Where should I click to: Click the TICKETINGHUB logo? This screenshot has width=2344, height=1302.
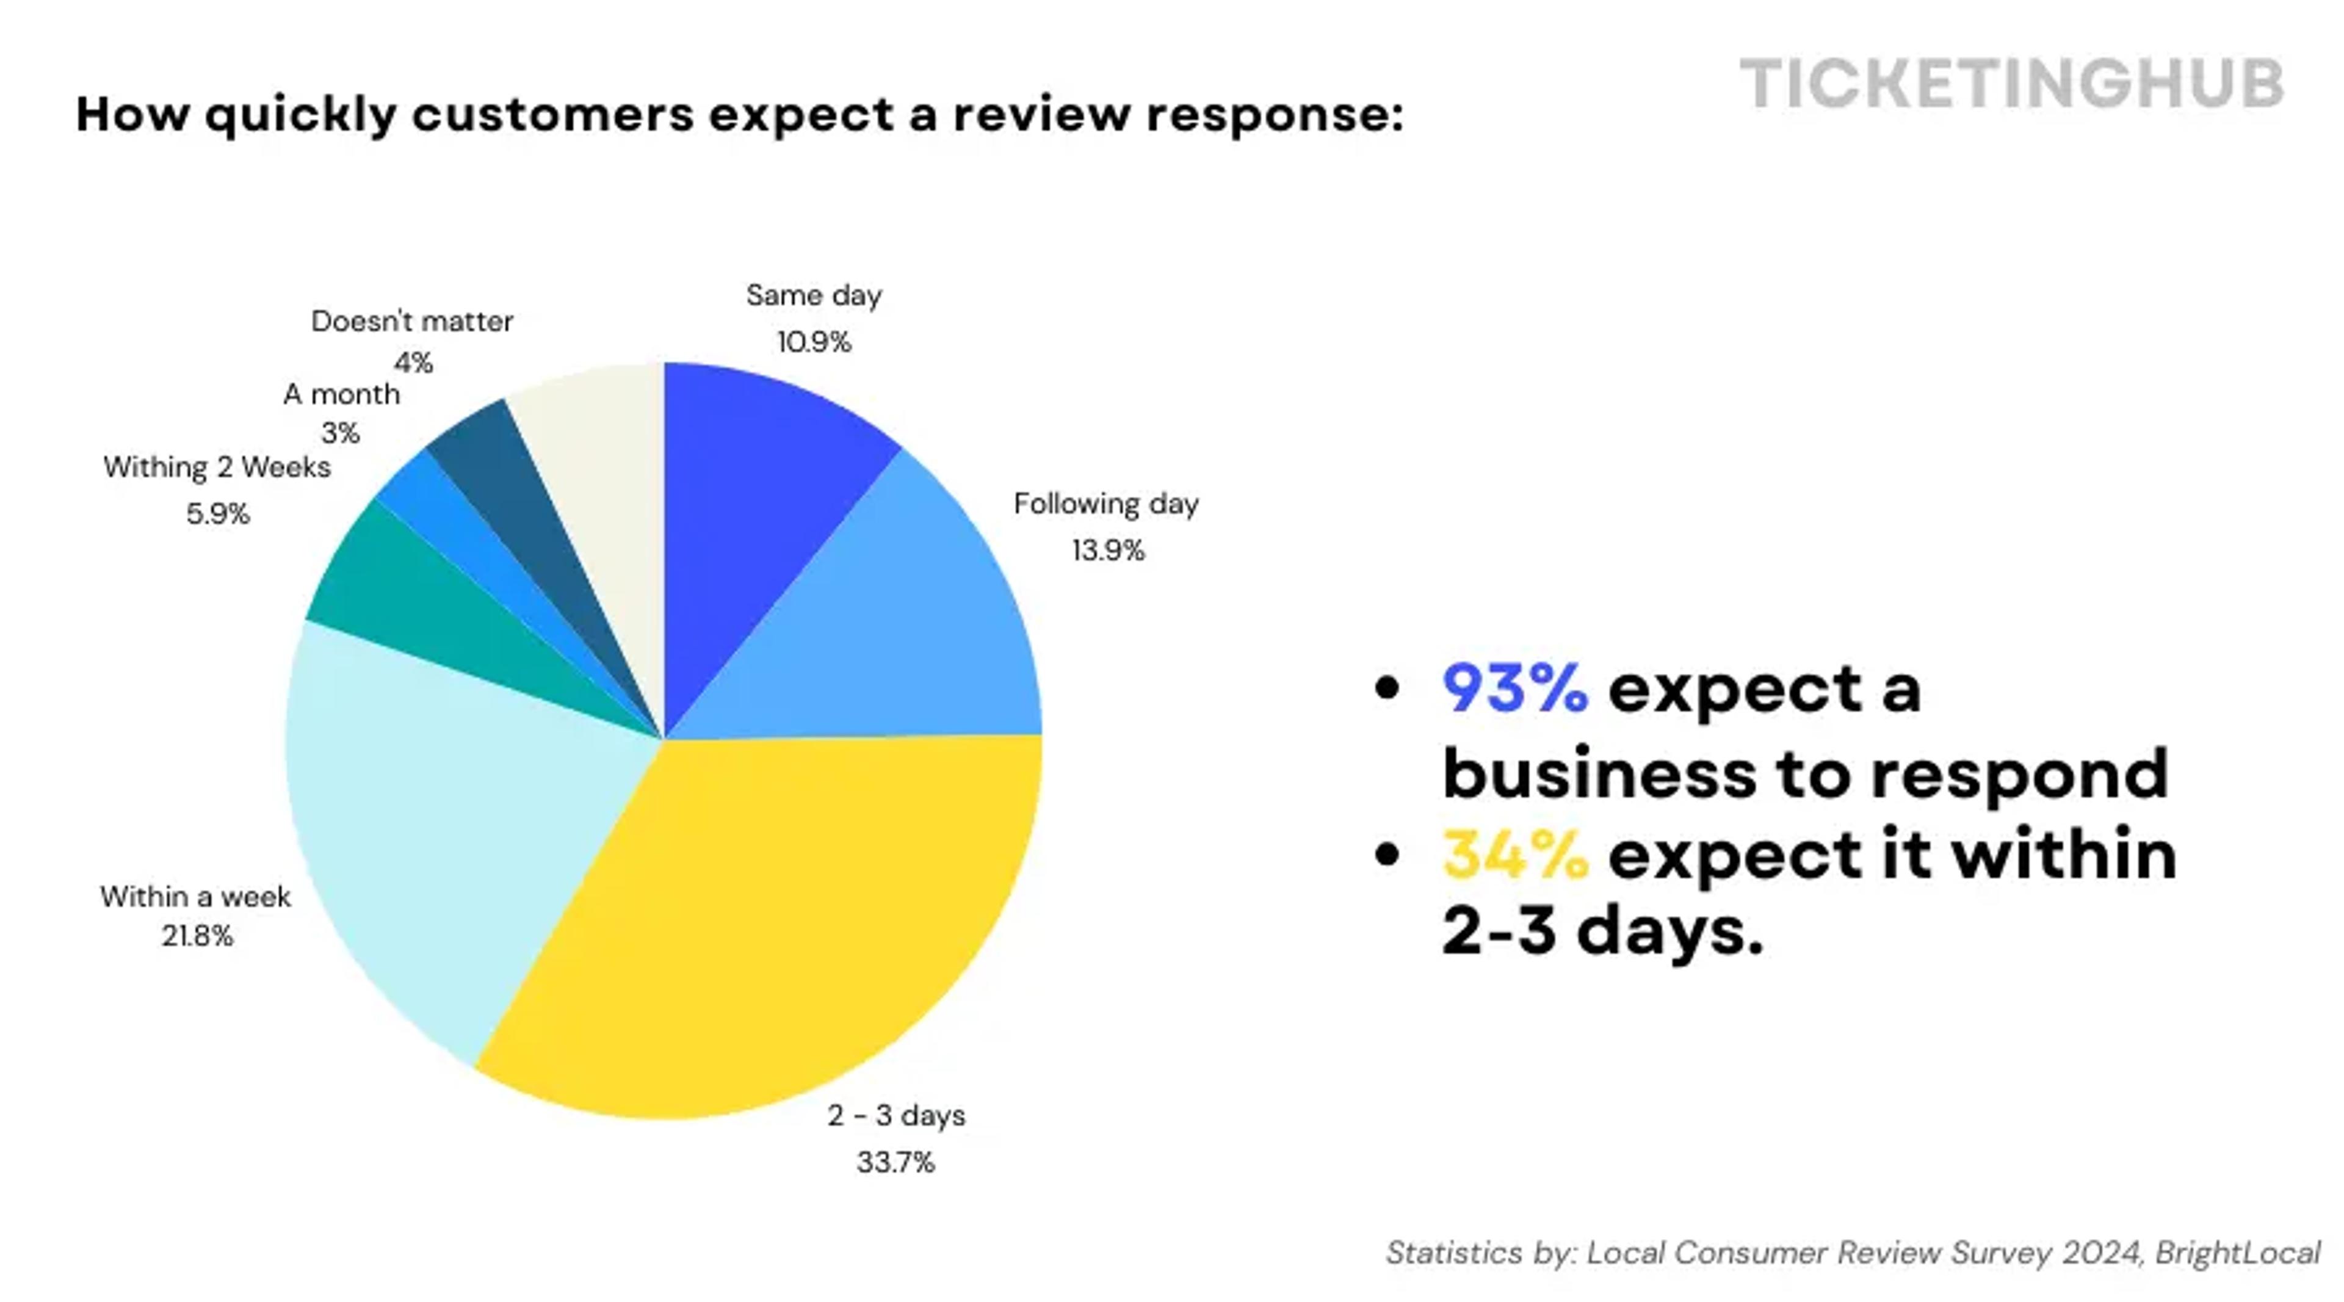tap(2011, 84)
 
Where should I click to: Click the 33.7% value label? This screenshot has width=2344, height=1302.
tap(895, 1162)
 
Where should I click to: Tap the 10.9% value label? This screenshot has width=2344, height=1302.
tap(814, 342)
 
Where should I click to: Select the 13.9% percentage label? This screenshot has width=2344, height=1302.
tap(1107, 551)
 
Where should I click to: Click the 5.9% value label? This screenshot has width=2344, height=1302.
tap(217, 514)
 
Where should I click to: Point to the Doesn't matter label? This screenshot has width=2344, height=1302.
tap(412, 321)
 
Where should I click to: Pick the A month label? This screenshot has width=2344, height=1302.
tap(341, 394)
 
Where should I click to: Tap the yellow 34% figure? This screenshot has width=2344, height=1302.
tap(1516, 855)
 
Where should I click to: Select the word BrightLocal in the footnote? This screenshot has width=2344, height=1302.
tap(2238, 1253)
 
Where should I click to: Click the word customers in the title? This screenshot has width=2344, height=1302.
tap(552, 115)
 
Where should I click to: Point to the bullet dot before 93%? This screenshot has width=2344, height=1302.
tap(1387, 688)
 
